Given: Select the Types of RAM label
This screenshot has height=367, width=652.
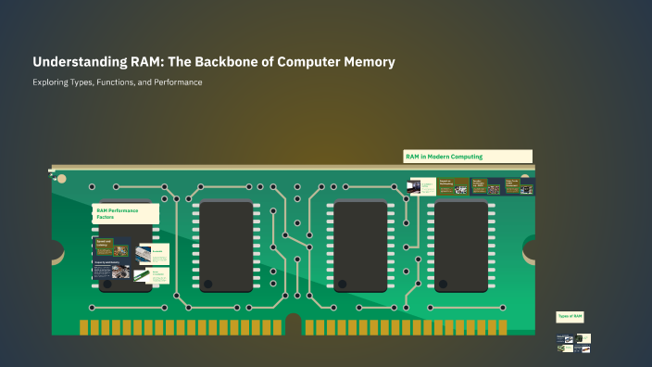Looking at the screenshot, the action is coord(570,316).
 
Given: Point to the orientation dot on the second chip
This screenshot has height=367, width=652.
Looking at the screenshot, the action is coord(208,283).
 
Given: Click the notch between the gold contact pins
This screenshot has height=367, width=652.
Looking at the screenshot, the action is coord(294,324).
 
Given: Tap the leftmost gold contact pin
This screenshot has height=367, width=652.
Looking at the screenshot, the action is coord(82,328).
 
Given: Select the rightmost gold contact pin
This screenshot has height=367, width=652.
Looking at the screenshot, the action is coord(504,328).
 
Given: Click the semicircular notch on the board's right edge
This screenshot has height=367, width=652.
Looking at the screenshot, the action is coord(531,248).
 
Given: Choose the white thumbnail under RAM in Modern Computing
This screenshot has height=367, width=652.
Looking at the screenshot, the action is coord(422,186).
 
